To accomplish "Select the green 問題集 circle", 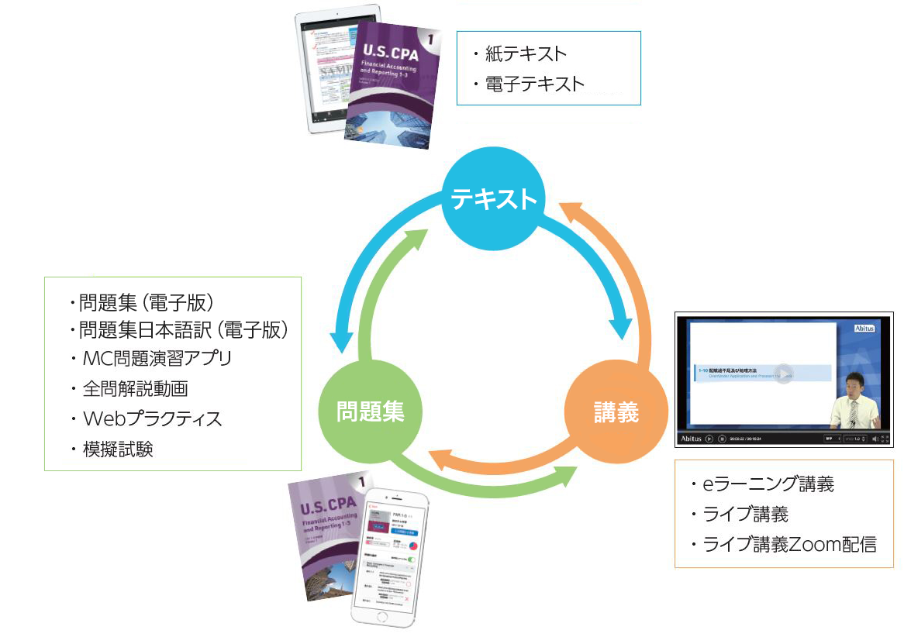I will coord(370,411).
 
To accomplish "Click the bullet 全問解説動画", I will coord(135,389).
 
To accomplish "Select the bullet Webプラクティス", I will coord(152,419).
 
